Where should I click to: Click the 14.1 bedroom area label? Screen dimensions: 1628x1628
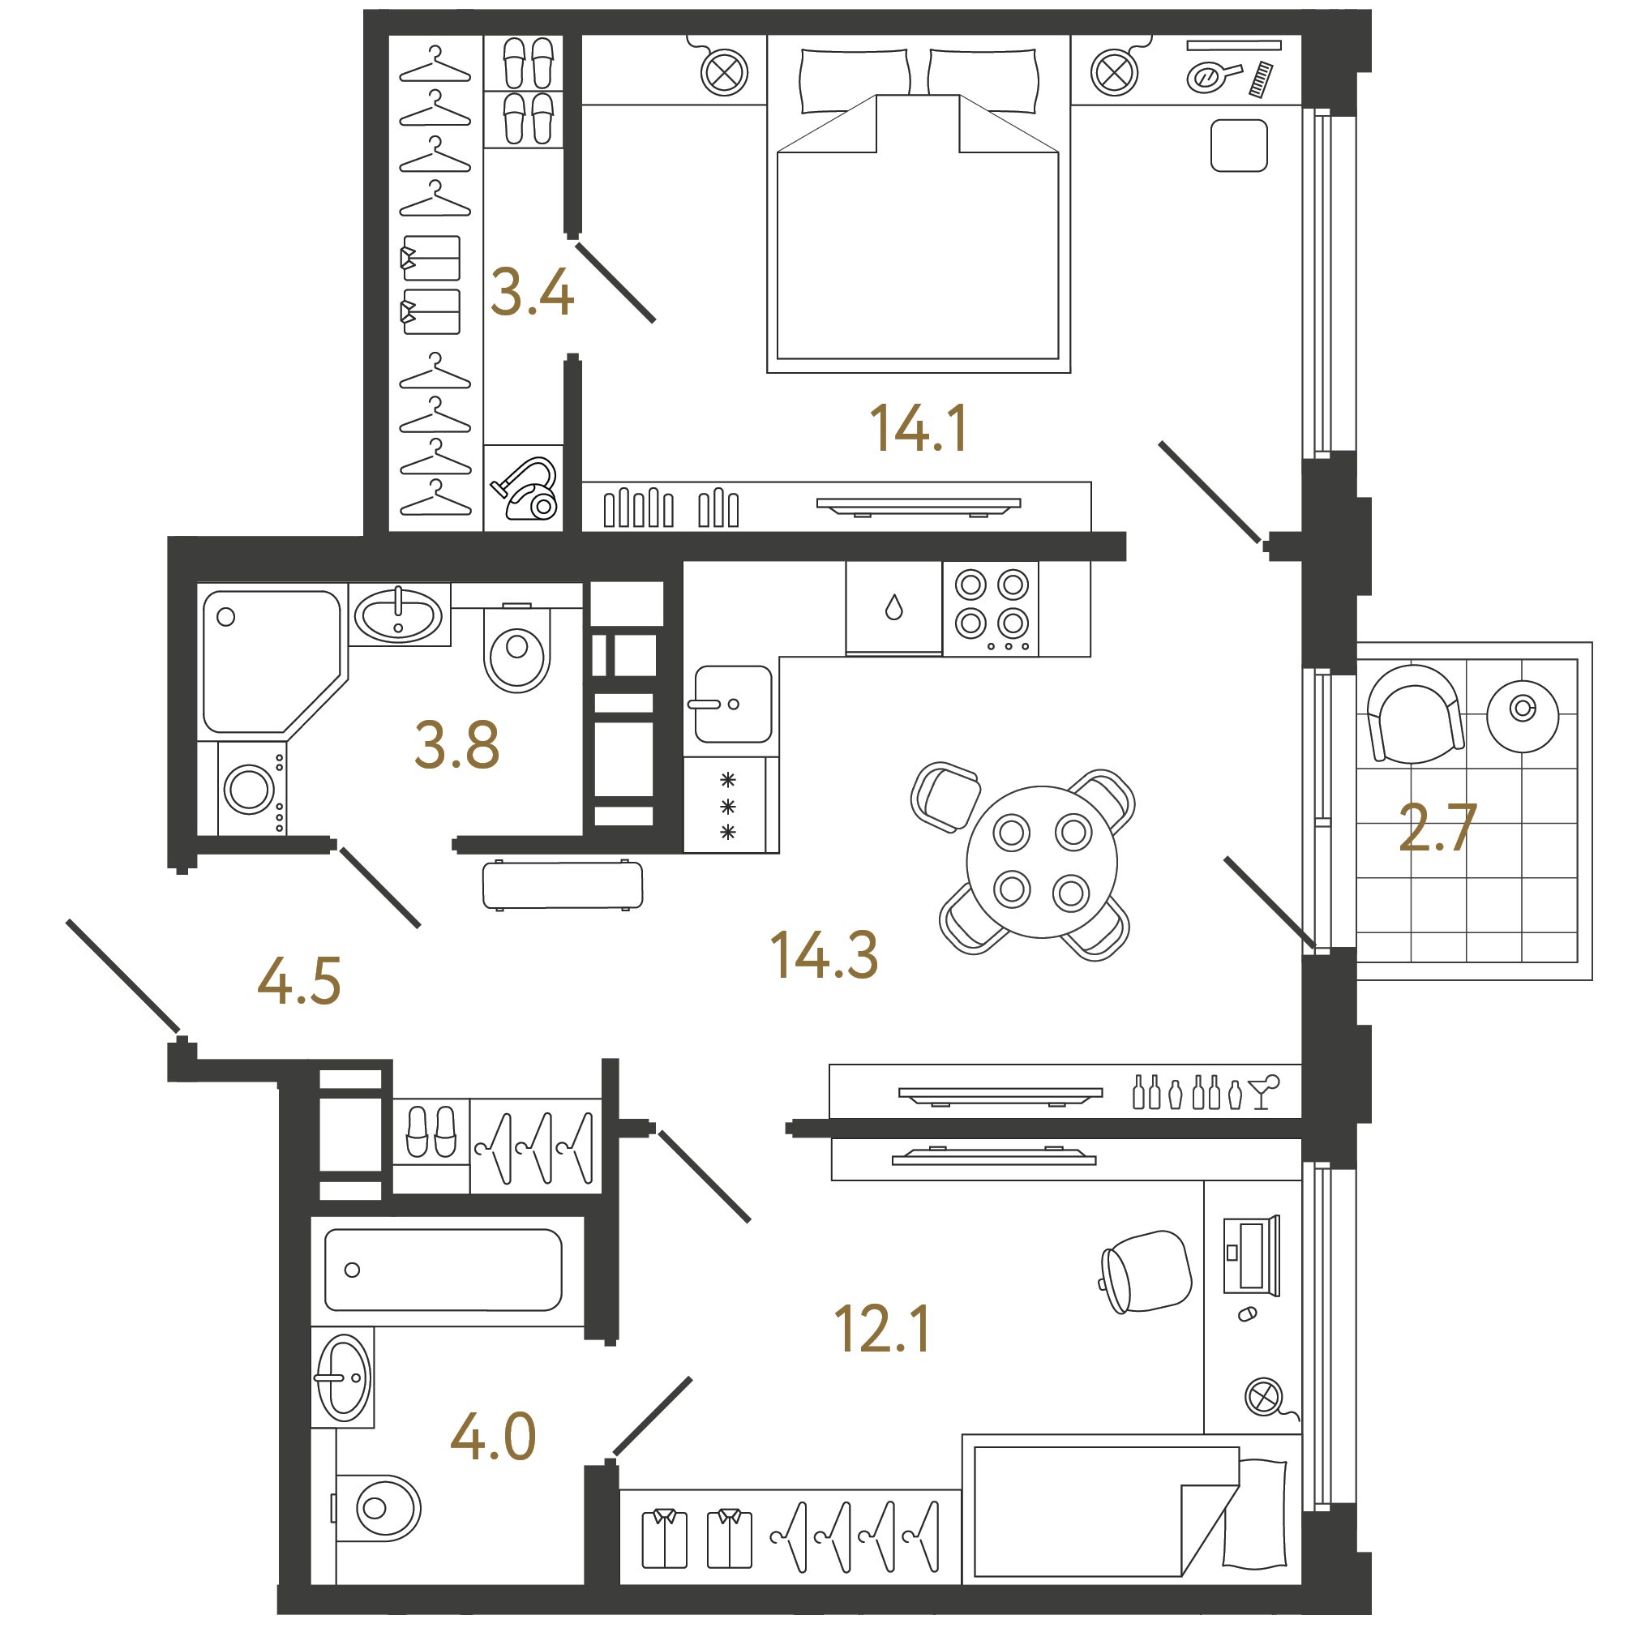[919, 428]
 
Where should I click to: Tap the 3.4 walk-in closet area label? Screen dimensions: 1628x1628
[532, 293]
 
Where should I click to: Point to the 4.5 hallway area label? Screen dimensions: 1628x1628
[299, 981]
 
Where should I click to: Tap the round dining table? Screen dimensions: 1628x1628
[1042, 862]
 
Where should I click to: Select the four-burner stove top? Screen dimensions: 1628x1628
[991, 609]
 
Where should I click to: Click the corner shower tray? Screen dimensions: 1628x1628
[272, 662]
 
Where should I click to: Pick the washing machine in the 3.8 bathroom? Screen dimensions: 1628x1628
[252, 789]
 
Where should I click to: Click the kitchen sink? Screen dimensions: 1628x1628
[732, 705]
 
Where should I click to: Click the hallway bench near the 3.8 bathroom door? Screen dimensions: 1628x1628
[563, 885]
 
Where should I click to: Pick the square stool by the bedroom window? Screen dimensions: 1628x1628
[1239, 146]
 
